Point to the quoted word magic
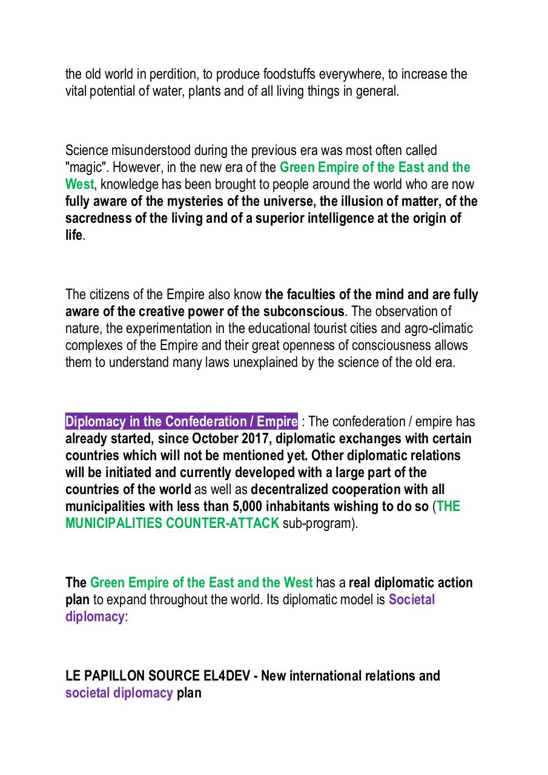pyautogui.click(x=85, y=167)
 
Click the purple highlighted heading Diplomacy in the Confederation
pyautogui.click(x=182, y=421)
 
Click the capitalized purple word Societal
pyautogui.click(x=412, y=600)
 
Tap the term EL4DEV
pyautogui.click(x=226, y=676)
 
